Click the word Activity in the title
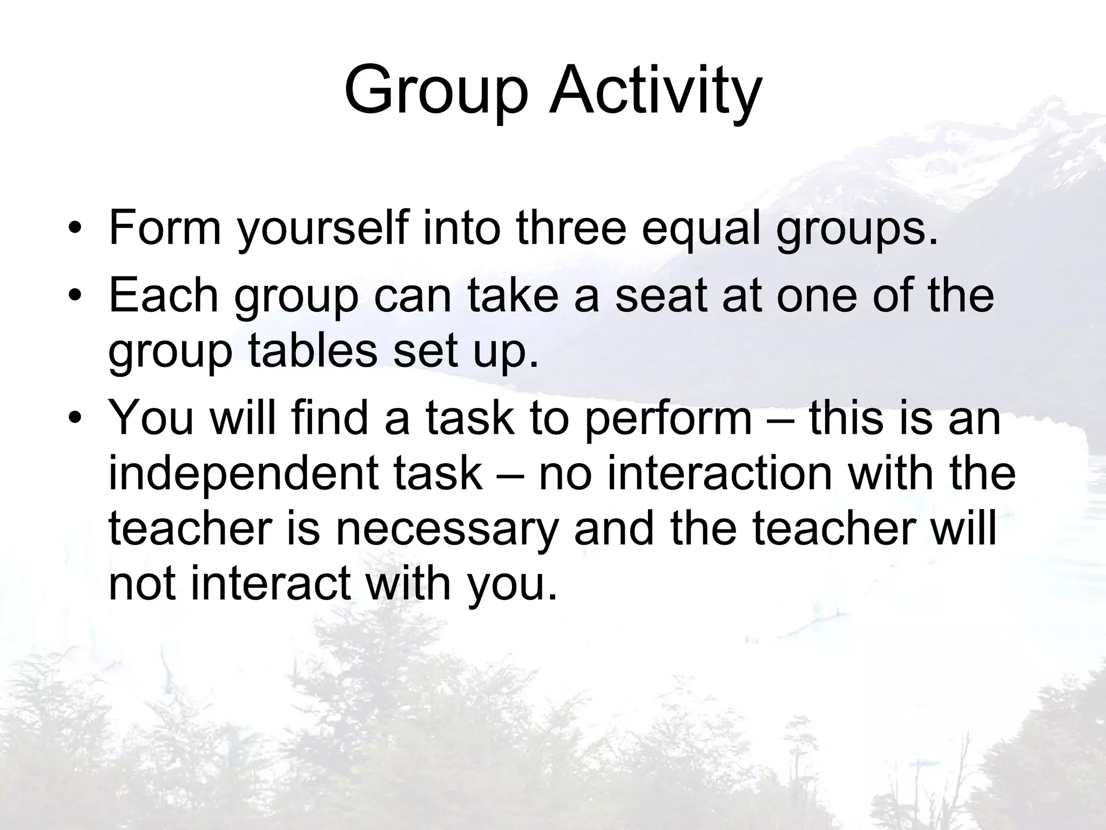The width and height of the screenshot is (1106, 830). (655, 92)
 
